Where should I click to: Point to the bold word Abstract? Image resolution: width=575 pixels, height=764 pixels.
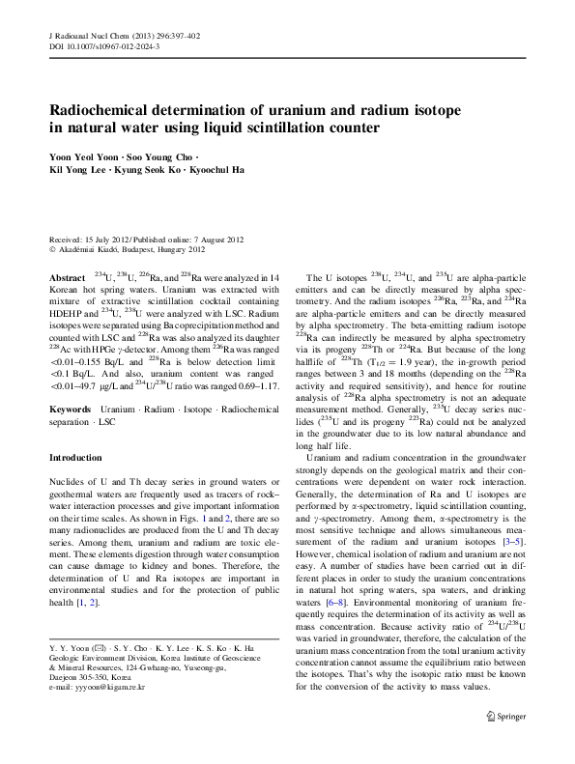[x=66, y=277]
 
